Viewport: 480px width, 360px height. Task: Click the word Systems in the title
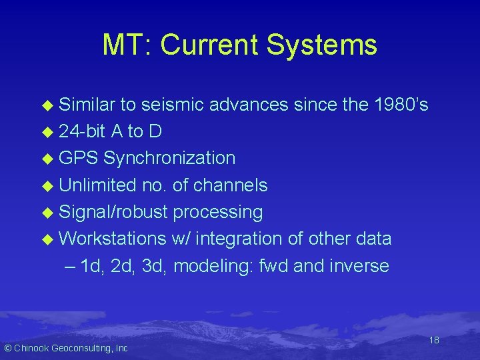[x=321, y=45]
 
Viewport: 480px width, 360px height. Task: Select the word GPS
[x=79, y=158]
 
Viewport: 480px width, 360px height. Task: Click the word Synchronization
[x=169, y=158]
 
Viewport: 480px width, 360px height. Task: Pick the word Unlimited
[x=98, y=185]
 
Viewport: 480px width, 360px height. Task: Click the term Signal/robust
[x=113, y=212]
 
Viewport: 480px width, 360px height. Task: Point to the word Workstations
[x=112, y=239]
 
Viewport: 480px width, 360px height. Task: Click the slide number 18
[x=433, y=340]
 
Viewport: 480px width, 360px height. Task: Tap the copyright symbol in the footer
[x=7, y=348]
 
